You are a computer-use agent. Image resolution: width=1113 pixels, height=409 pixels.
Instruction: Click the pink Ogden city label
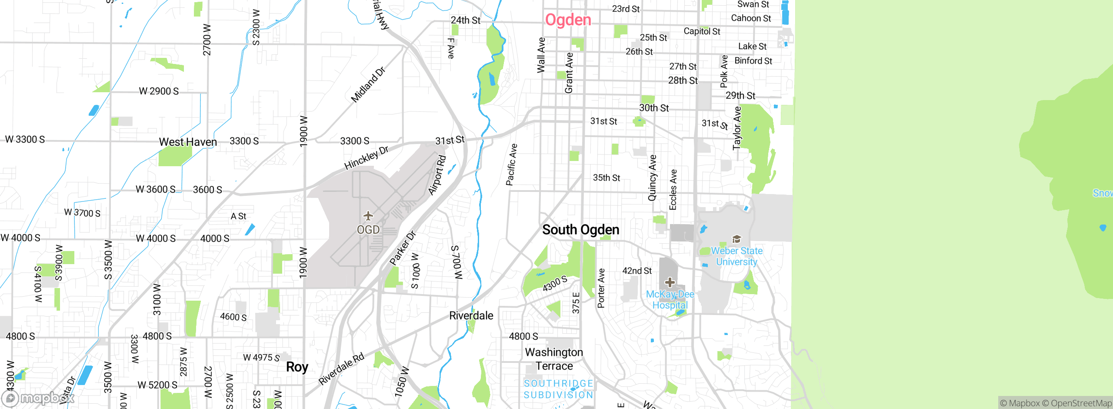point(568,20)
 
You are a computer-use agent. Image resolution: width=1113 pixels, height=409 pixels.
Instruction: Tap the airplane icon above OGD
point(368,216)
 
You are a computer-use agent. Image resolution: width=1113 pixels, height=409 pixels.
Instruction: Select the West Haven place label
point(188,142)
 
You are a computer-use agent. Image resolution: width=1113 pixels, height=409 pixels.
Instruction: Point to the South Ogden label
point(580,230)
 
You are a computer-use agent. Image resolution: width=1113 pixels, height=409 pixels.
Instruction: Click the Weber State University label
point(736,256)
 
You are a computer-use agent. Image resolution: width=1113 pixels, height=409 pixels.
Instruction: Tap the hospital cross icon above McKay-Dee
point(670,282)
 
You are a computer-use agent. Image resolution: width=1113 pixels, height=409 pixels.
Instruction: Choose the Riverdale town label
point(471,315)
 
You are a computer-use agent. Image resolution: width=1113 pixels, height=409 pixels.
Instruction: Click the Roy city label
point(297,367)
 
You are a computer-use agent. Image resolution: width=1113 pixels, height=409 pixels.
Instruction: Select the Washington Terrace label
point(554,359)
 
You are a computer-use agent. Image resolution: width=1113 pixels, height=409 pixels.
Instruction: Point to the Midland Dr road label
point(368,85)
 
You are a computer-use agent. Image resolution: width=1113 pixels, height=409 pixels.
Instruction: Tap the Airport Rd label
point(437,175)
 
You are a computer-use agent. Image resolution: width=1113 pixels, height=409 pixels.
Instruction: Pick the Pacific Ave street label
point(511,165)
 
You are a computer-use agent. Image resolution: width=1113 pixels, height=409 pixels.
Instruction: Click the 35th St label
point(606,178)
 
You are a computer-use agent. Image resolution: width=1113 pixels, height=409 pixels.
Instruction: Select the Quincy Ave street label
point(652,178)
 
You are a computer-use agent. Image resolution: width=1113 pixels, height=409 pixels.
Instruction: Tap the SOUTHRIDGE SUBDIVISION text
point(558,389)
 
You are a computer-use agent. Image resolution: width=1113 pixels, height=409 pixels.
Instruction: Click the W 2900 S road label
point(159,91)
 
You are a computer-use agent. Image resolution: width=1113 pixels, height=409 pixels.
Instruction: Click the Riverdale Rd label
point(341,369)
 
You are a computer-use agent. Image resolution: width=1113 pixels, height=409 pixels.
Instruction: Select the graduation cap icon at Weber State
point(736,239)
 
